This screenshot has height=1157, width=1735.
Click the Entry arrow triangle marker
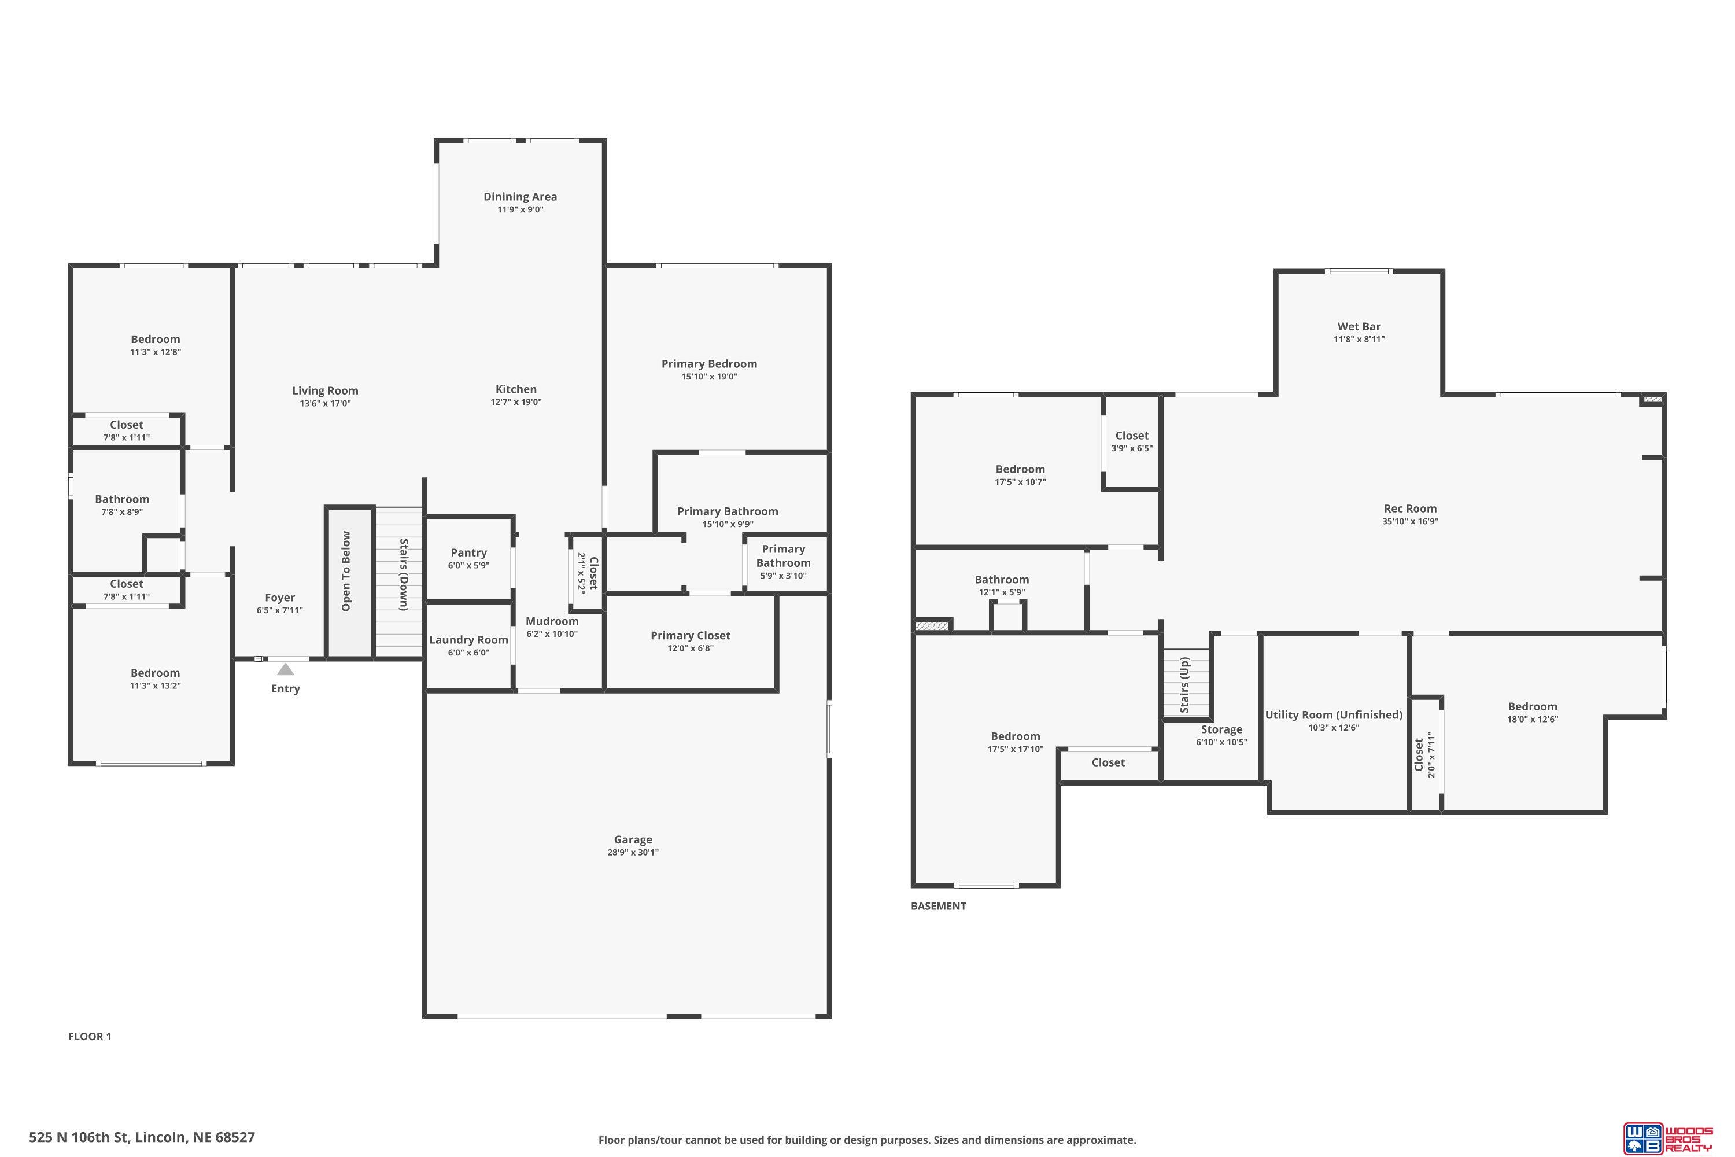tap(286, 669)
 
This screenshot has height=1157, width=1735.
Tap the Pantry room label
tap(468, 552)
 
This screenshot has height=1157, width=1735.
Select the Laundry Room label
tap(468, 640)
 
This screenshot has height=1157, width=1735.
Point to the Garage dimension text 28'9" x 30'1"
tap(633, 852)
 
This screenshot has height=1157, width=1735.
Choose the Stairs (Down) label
tap(404, 575)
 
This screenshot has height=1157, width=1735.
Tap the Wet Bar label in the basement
tap(1359, 326)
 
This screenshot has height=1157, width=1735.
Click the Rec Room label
tap(1410, 509)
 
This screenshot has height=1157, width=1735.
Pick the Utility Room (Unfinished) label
tap(1334, 715)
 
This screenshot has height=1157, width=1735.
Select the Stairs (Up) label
tap(1184, 686)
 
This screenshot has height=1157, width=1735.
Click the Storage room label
tap(1221, 729)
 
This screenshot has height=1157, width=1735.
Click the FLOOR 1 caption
tap(90, 1036)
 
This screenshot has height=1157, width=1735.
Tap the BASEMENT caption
tap(938, 906)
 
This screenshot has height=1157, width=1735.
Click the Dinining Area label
tap(520, 196)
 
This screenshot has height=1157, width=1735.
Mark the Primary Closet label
tap(691, 635)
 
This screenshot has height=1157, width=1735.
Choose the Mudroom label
tap(552, 621)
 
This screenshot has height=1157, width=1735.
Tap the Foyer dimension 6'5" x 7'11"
tap(279, 610)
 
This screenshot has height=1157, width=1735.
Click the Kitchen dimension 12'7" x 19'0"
tap(516, 402)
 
